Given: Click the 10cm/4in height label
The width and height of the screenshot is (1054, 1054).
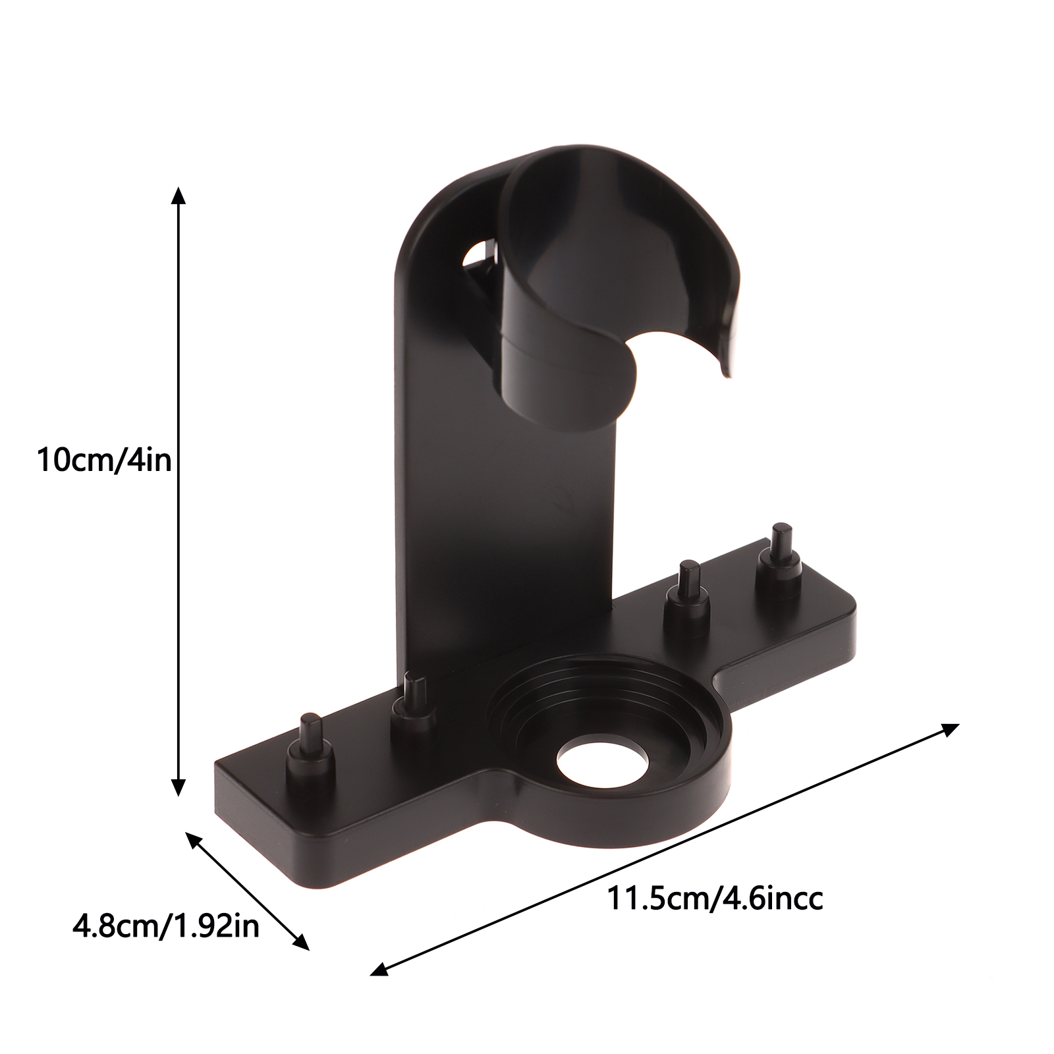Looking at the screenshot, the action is [103, 460].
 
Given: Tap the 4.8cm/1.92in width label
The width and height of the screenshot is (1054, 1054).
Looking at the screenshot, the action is [166, 927].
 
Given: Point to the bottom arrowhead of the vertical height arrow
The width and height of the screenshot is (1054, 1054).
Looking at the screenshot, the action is [178, 785].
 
